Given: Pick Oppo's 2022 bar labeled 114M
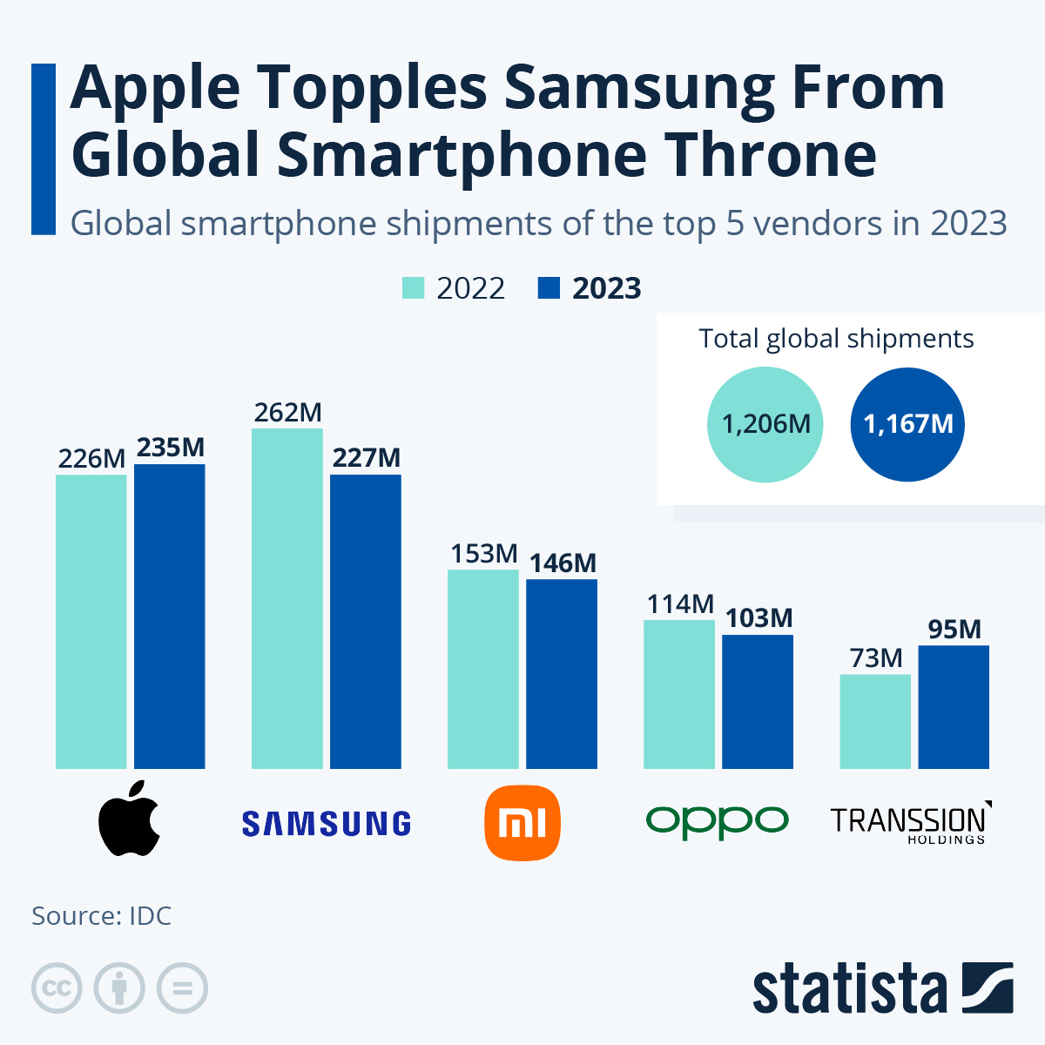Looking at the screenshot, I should (x=679, y=694).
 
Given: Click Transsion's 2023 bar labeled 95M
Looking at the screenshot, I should (x=954, y=706).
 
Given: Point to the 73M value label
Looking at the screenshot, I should (x=876, y=658).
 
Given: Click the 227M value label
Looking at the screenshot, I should (x=366, y=458).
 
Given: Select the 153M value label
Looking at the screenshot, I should (x=483, y=554).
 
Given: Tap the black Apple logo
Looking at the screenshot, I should (x=130, y=819).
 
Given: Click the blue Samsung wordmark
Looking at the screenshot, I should (x=327, y=823).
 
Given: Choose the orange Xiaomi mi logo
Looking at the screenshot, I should (x=522, y=822).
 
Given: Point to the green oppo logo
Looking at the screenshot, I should (x=718, y=820).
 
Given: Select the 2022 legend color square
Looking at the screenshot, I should (x=413, y=288).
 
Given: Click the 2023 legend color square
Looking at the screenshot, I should (x=549, y=288).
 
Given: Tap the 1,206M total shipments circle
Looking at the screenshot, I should (x=765, y=424).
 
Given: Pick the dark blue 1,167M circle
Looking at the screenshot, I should (x=907, y=424).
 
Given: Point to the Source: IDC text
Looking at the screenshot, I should (x=102, y=916).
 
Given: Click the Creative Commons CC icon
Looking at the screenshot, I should (x=57, y=988).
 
